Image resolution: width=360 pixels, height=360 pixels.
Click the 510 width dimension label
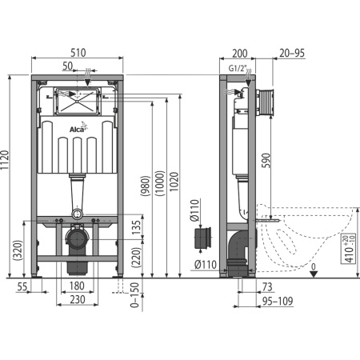point(78,53)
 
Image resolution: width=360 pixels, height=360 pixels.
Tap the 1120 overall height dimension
point(5,160)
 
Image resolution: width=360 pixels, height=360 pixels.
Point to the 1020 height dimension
point(174,182)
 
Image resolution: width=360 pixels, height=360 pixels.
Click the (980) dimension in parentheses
point(146,186)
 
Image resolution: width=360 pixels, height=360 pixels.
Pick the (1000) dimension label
point(160,183)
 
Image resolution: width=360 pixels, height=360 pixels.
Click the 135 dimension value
point(136,227)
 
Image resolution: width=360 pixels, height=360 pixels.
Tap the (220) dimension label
point(136,257)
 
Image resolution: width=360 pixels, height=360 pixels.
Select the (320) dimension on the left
point(18,250)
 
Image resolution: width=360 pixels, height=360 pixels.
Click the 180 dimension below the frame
point(77,286)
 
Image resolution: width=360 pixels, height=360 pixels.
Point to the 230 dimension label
point(78,299)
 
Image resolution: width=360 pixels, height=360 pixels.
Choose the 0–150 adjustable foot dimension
point(135,295)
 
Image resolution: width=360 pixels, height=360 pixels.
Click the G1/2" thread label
point(238,69)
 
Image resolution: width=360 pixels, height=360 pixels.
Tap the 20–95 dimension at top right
point(292,53)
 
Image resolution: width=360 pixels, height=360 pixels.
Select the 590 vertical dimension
point(266,160)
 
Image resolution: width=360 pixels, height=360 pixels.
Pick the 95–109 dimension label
point(278,301)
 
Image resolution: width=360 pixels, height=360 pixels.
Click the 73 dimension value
point(267,287)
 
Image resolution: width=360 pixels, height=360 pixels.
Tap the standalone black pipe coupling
point(202,238)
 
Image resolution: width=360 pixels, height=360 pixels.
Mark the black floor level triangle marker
point(314,274)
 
